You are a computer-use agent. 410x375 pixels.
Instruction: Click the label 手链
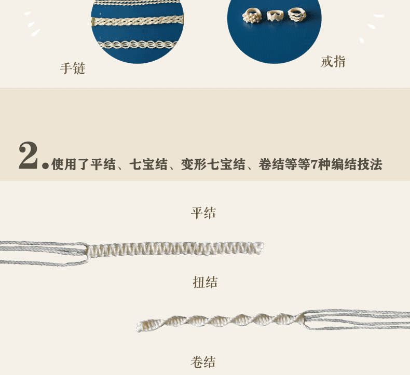coord(73,68)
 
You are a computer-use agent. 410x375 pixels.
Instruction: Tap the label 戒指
coord(333,62)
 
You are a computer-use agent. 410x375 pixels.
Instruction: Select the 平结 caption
coord(203,213)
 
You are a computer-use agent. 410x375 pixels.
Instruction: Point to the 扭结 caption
coord(205,282)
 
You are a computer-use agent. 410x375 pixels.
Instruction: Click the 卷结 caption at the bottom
coord(203,362)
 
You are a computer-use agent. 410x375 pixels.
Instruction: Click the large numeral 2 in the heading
coord(28,156)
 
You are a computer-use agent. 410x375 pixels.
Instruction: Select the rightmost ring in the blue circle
coord(296,14)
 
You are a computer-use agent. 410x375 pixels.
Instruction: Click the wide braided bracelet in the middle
coord(138,21)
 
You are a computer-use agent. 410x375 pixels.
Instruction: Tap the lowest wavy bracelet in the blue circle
coord(137,45)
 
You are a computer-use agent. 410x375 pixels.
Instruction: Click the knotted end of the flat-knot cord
coord(259,247)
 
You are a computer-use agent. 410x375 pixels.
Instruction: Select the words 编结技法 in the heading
coord(357,164)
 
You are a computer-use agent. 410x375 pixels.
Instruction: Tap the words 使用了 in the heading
coord(71,164)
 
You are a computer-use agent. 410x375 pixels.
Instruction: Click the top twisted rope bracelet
coord(138,3)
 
